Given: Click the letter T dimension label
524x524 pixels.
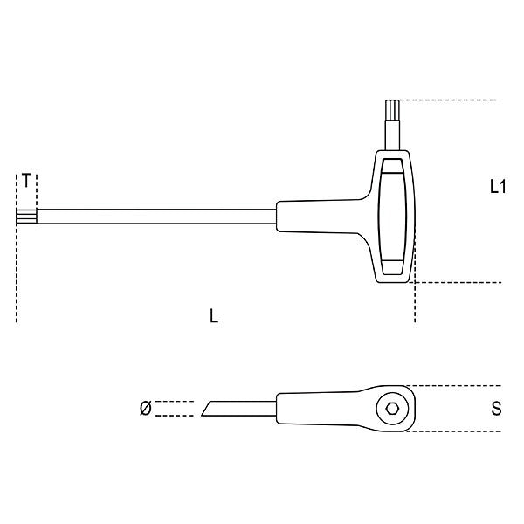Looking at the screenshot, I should click(x=28, y=181).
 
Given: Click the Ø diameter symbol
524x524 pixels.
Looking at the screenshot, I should click(x=145, y=408).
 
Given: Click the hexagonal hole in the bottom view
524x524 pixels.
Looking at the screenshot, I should click(x=389, y=408).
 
